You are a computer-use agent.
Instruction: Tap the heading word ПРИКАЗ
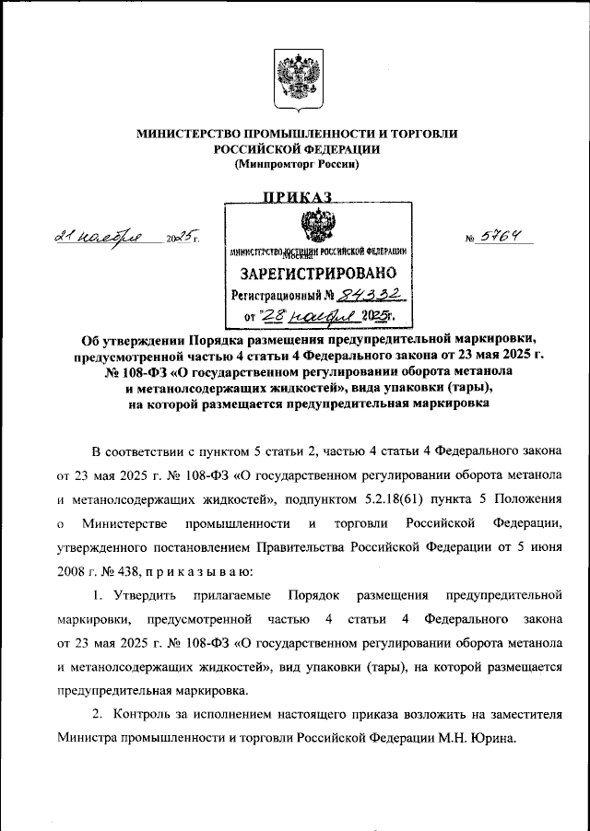point(297,196)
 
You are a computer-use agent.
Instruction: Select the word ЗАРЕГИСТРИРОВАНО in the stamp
point(319,274)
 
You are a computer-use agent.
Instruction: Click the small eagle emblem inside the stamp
point(319,226)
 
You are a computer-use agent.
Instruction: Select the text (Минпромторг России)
point(297,164)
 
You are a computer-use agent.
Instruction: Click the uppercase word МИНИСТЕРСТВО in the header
point(188,134)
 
